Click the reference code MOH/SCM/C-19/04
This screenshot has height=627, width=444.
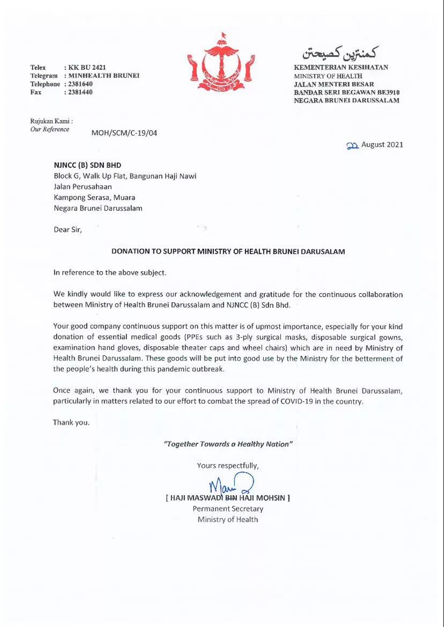pyautogui.click(x=124, y=133)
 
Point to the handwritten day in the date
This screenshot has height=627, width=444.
pyautogui.click(x=352, y=145)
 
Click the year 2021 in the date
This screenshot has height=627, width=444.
pyautogui.click(x=394, y=145)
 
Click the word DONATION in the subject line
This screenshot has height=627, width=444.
pyautogui.click(x=131, y=251)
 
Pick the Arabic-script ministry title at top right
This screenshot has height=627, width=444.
pyautogui.click(x=341, y=53)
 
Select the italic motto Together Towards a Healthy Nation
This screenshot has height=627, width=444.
pyautogui.click(x=228, y=444)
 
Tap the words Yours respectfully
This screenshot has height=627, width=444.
pyautogui.click(x=228, y=466)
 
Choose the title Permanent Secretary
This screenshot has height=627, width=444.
pyautogui.click(x=228, y=509)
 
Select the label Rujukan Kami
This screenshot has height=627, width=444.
pyautogui.click(x=51, y=121)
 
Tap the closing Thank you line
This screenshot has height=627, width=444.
pyautogui.click(x=71, y=422)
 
